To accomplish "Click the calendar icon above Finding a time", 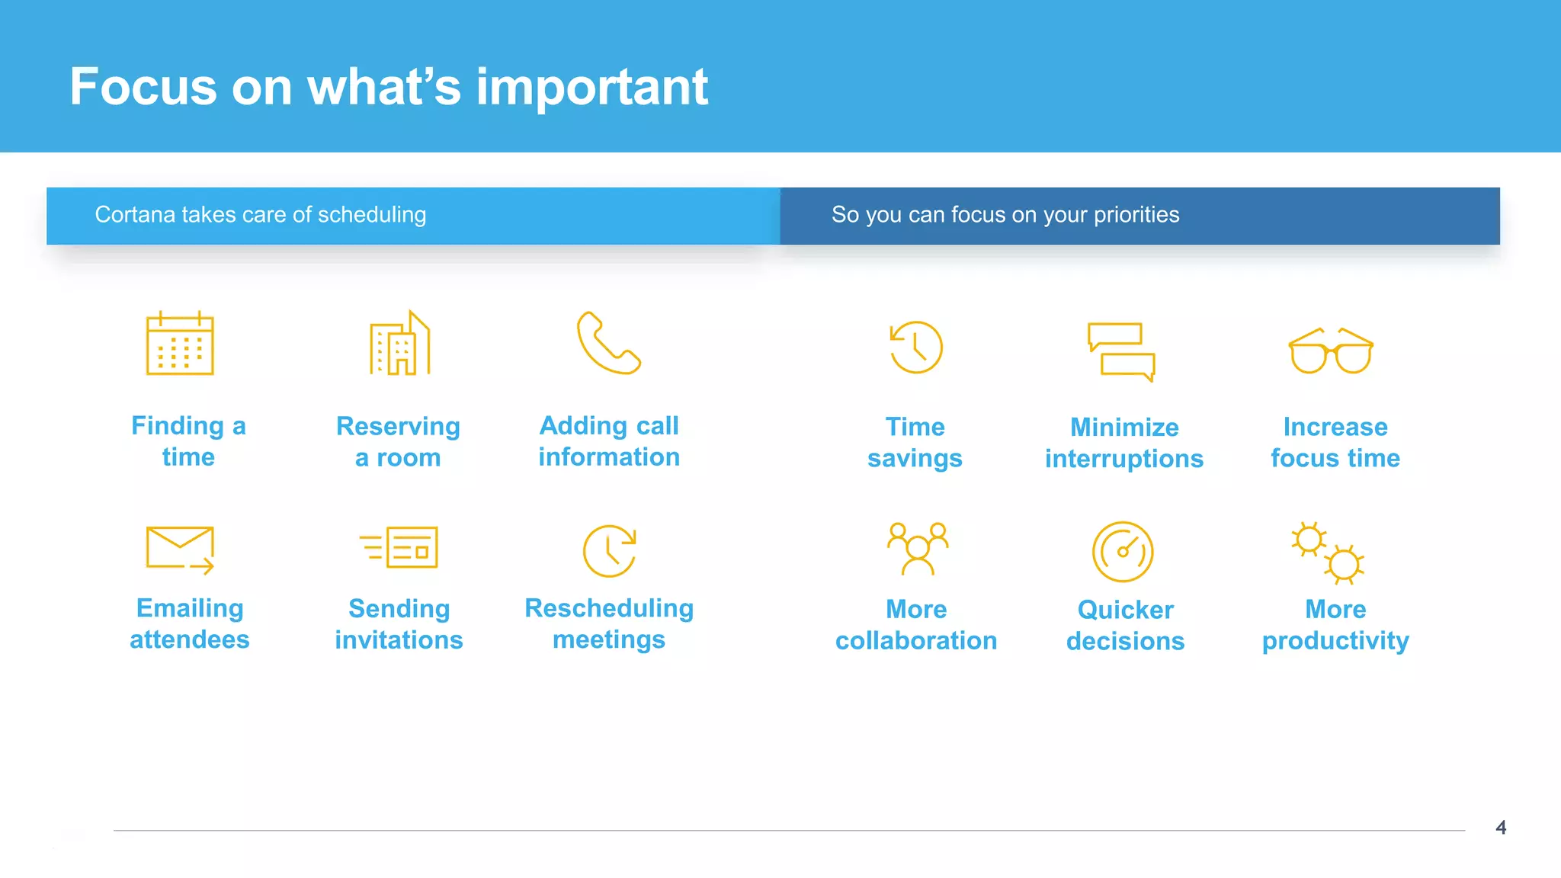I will [180, 344].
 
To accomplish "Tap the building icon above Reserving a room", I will [400, 344].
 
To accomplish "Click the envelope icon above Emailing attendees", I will [180, 548].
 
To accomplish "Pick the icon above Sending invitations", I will [399, 547].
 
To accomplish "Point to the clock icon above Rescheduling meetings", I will [609, 550].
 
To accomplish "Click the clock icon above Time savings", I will [915, 348].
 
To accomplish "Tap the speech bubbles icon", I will [1121, 351].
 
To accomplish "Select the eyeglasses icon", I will [1331, 351].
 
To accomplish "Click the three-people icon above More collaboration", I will [918, 548].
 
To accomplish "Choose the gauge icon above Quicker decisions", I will [1123, 552].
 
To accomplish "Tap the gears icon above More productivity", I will [1327, 553].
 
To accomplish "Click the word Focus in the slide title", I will [143, 87].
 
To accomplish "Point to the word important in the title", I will [592, 87].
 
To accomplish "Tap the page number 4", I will [1501, 828].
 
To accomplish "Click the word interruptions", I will [1123, 459].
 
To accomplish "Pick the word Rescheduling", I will [609, 608].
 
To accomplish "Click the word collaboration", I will [916, 641].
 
